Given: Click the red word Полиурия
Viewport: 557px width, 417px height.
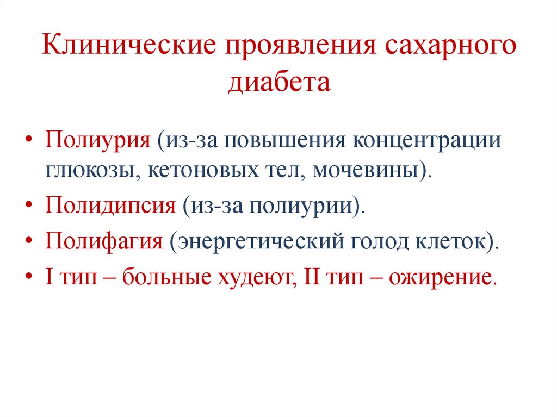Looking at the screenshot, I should point(98,140).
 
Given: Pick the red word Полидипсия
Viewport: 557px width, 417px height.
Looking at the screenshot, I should point(110,207).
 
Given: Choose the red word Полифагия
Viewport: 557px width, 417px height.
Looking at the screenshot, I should point(104,240).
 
